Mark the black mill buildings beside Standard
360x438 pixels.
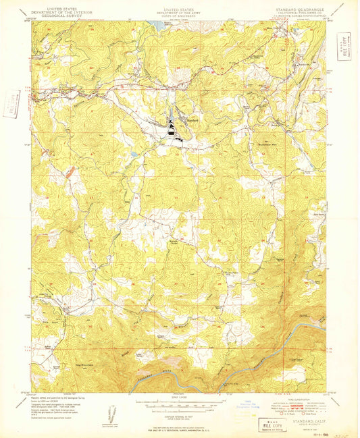174,130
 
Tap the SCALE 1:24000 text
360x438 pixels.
180,398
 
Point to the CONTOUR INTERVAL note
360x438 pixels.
180,414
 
